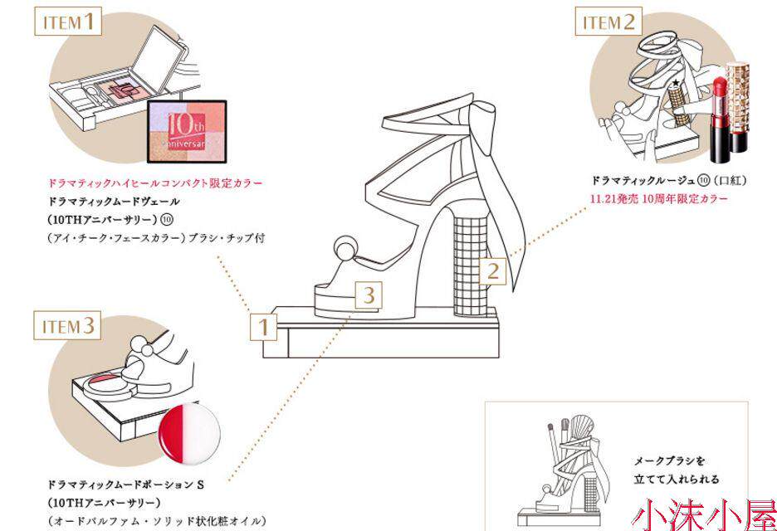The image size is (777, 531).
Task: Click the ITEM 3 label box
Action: point(70,325)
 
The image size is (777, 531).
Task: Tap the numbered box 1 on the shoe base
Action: point(263,326)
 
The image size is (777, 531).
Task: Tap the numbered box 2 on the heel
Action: point(492,270)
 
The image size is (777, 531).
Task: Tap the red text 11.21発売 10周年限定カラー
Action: point(659,199)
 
